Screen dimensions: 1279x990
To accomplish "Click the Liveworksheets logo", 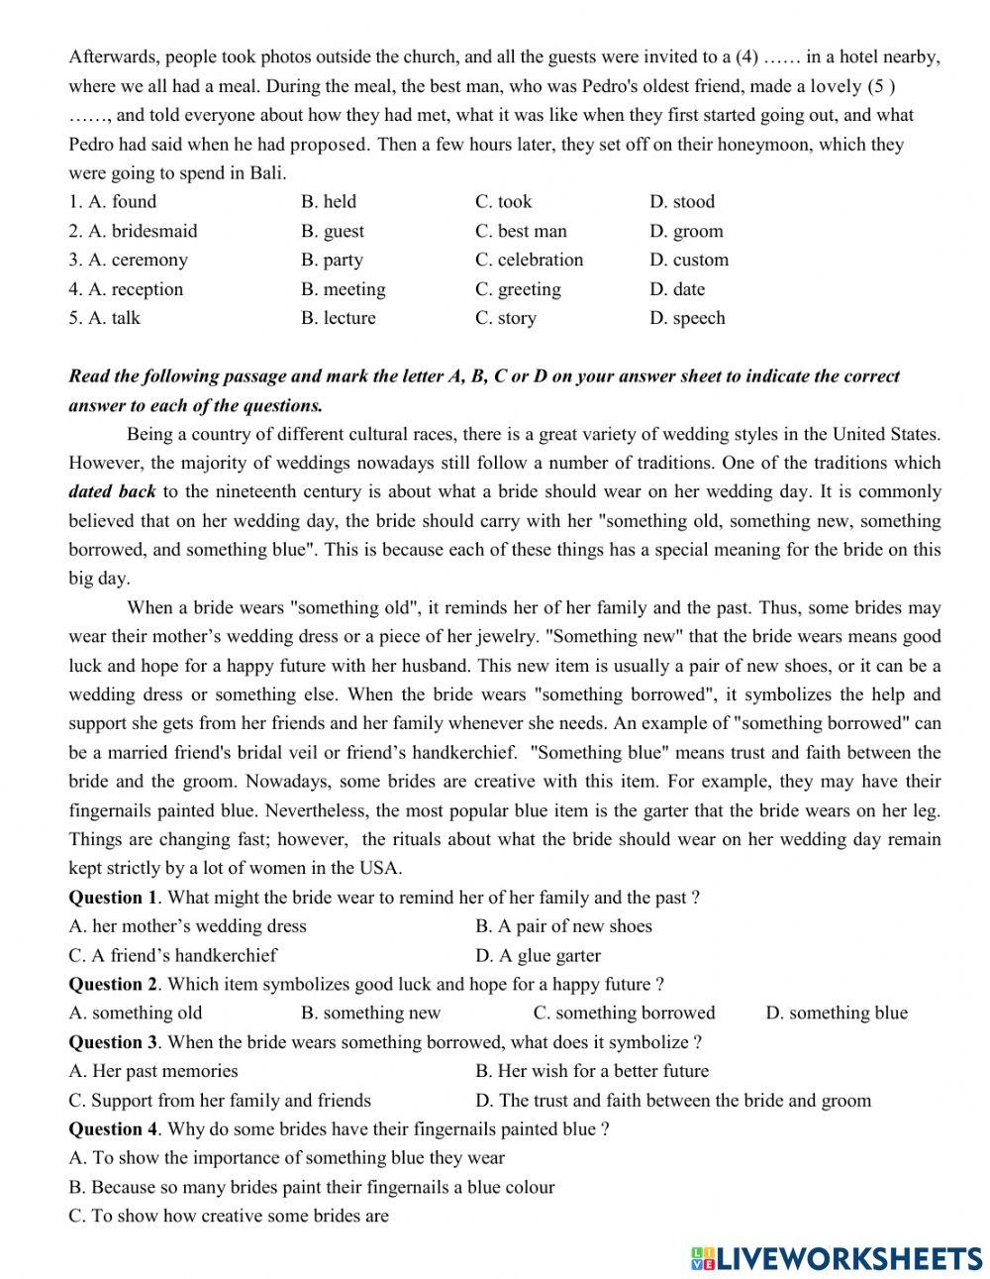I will coord(836,1257).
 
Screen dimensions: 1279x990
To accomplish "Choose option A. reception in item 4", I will coord(126,289).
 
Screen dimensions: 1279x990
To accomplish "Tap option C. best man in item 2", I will coord(521,231).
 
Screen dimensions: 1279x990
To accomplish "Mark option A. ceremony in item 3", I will coord(128,260).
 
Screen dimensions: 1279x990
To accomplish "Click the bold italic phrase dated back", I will coord(112,491).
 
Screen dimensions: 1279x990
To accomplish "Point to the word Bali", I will coord(266,173).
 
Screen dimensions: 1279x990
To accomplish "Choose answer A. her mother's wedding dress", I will coord(188,926).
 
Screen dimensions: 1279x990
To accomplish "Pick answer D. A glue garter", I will coord(538,955).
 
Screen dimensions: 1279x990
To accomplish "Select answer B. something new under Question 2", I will coord(371,1013).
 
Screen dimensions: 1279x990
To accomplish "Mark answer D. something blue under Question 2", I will coord(837,1013).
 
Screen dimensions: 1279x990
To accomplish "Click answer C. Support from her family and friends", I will coord(220,1100).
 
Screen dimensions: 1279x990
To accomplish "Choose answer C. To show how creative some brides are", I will coord(229,1216).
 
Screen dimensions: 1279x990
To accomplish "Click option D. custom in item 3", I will coord(689,260).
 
